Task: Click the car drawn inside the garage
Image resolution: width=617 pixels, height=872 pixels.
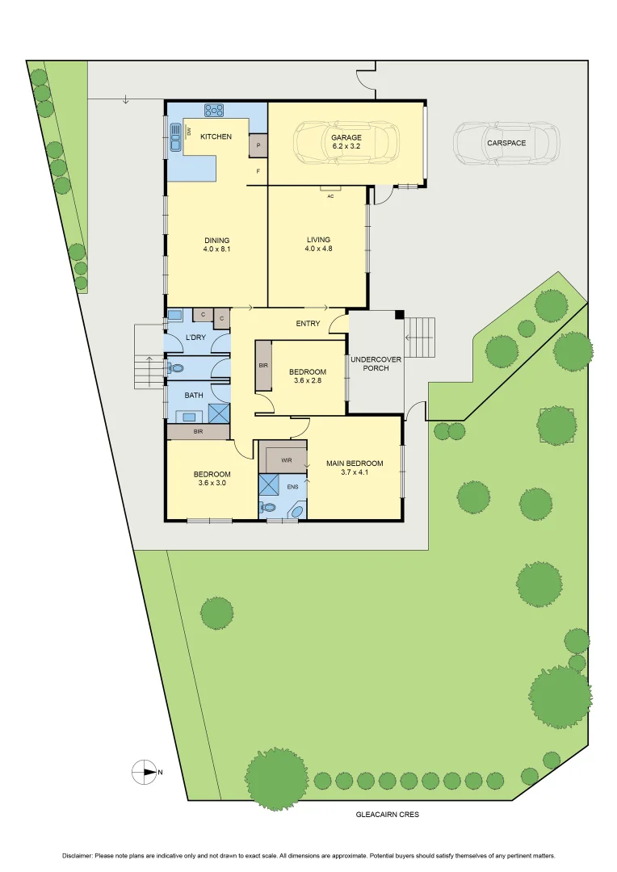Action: click(346, 143)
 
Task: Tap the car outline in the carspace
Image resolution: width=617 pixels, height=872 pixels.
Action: click(506, 143)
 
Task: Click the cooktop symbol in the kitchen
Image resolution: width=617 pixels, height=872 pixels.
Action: click(214, 111)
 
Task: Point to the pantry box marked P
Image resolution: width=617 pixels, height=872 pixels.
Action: click(258, 145)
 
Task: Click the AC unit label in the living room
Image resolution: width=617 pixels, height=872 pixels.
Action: click(329, 195)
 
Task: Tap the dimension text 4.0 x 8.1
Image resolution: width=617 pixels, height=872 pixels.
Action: click(216, 249)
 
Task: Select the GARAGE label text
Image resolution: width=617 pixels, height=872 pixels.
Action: click(346, 137)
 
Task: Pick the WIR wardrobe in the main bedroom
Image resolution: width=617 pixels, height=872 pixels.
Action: click(286, 459)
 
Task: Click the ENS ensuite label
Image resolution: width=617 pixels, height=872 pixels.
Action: click(292, 487)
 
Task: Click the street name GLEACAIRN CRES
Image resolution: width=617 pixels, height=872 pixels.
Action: click(388, 815)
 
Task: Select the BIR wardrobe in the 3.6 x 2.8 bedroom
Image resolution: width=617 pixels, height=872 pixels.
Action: click(263, 366)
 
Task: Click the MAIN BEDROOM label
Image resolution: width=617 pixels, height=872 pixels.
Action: click(354, 463)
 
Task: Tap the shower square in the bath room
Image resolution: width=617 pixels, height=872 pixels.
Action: click(218, 414)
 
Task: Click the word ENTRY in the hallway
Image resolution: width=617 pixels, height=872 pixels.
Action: click(308, 324)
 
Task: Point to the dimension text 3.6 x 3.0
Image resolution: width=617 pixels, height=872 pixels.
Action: click(212, 483)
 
